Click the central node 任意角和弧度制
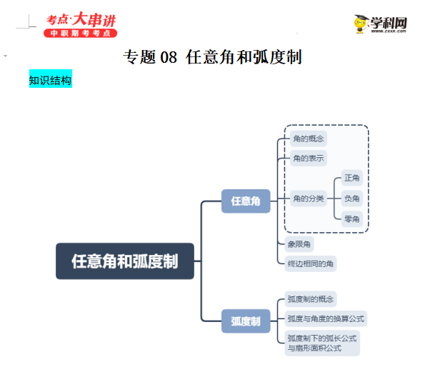125,261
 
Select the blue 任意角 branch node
246,201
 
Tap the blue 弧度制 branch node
246,321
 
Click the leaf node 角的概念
306,139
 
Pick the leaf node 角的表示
306,158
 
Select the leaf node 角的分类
309,198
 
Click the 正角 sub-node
352,178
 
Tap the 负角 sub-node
352,198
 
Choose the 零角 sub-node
352,218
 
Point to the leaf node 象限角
299,244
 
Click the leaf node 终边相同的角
311,263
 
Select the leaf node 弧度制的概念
311,299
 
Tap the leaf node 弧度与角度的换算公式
325,318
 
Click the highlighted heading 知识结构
50,81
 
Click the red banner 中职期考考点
80,34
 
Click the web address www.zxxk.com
390,31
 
